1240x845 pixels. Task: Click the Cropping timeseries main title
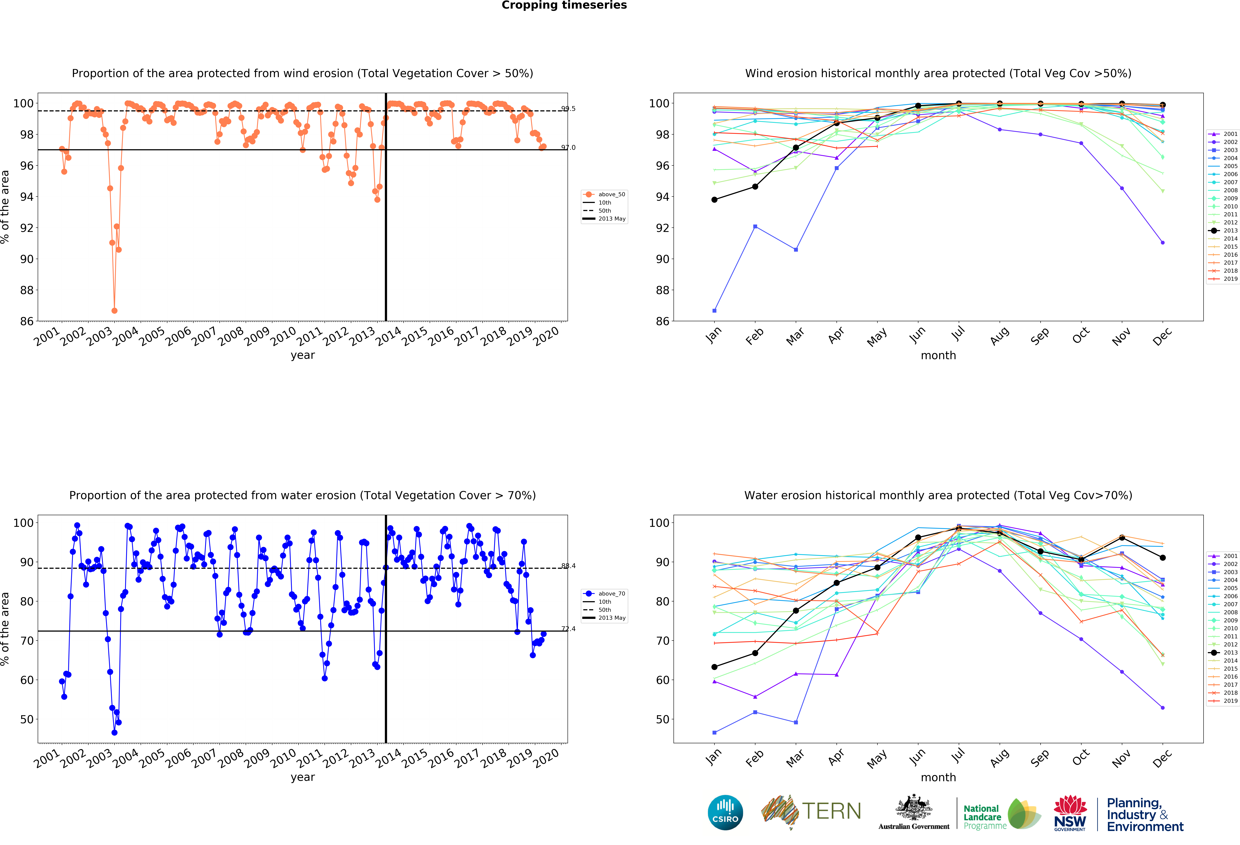564,5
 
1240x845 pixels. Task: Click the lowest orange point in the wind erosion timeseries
114,311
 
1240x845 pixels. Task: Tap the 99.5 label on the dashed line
568,109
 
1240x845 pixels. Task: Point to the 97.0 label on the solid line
568,148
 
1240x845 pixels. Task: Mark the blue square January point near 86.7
714,311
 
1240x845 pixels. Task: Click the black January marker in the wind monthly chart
714,200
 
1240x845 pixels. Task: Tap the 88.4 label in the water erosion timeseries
568,566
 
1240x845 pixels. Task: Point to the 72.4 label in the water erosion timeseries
568,629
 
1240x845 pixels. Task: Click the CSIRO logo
725,813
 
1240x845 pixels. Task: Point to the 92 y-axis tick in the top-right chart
662,228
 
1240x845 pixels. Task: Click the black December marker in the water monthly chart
1163,558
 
